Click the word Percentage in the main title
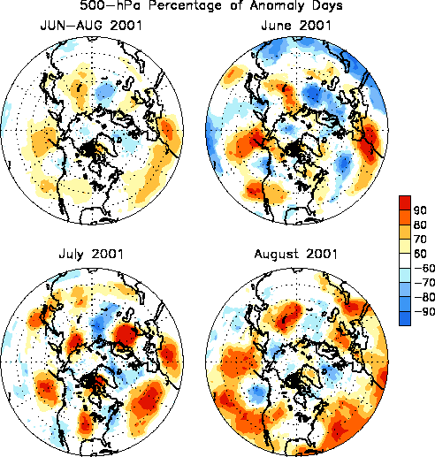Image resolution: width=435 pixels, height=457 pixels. coord(185,6)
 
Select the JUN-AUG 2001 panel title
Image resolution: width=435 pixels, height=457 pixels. coord(91,26)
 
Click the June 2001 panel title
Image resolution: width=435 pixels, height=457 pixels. coord(296,26)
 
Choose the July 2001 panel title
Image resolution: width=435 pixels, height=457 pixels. coord(91,254)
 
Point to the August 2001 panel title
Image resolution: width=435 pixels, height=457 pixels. coord(296,254)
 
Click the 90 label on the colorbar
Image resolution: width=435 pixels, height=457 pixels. coord(420,210)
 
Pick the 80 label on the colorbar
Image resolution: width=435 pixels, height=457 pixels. coord(420,225)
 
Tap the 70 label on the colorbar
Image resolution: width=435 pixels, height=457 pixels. coord(420,239)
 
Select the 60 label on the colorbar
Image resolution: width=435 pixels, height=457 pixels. coord(420,254)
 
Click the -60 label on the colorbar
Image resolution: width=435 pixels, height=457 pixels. coord(424,268)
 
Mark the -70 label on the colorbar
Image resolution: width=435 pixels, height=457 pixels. coord(424,283)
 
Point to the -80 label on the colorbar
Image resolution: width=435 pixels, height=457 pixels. coord(424,297)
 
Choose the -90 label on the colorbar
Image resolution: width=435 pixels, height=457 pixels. coord(424,311)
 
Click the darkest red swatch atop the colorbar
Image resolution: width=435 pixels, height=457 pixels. coord(405,202)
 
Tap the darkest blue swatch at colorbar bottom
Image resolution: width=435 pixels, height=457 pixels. coord(405,318)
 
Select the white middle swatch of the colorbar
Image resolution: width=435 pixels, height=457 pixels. coord(405,261)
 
